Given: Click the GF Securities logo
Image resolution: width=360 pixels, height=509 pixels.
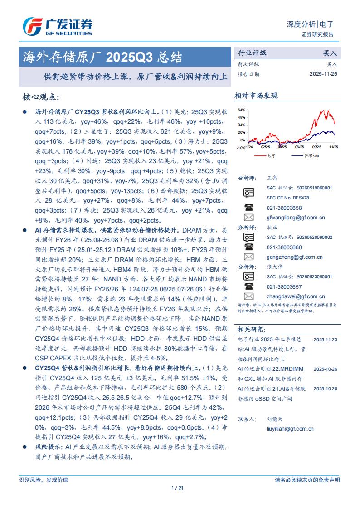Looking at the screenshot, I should coord(58,27).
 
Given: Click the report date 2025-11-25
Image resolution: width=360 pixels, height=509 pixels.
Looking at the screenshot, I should coord(323,73).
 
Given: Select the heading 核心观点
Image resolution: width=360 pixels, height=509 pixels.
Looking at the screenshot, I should coord(40,97).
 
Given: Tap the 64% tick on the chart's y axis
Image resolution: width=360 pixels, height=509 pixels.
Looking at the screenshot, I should coord(242,110).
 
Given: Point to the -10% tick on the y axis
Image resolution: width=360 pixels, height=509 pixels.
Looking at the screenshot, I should coord(241,147).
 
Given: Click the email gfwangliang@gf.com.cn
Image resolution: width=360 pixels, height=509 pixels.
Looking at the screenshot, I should coord(296,218).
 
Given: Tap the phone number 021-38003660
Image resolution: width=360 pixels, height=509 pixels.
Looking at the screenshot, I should coord(284,247).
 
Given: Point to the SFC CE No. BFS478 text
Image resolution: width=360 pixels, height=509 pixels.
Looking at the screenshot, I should coord(288,198).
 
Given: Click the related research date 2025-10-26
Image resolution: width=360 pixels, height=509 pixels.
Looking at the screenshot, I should coord(325,369).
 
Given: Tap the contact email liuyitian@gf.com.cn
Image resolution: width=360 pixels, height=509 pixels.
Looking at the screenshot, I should coord(290,428).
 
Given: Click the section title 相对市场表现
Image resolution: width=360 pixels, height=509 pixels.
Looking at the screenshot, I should coord(256,96).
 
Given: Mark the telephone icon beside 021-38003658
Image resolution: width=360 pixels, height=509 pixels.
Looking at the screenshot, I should coord(248,208).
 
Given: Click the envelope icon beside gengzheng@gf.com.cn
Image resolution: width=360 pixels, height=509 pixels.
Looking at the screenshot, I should coord(248,257).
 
